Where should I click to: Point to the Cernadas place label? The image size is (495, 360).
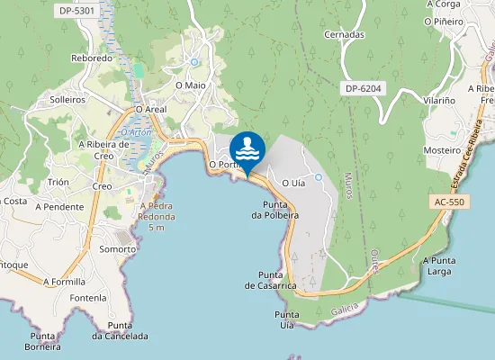tap(345, 34)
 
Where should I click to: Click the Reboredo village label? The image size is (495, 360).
tap(92, 58)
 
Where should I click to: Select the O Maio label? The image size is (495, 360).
tap(191, 85)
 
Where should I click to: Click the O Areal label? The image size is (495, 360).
tap(151, 109)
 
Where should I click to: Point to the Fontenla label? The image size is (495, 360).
tap(87, 298)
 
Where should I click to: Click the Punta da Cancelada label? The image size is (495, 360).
tap(120, 330)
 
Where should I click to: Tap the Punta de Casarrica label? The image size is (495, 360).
tap(270, 279)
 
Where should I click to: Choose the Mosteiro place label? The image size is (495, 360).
tap(442, 150)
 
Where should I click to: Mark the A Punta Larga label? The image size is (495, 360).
tap(443, 265)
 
